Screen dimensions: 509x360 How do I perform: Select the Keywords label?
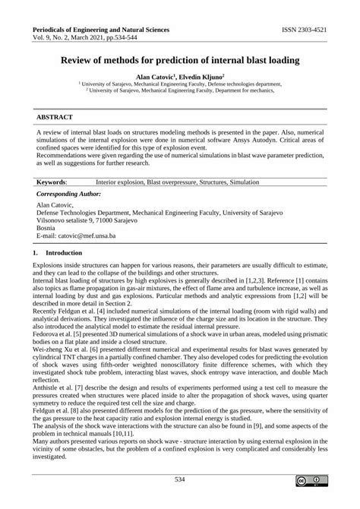coord(51,182)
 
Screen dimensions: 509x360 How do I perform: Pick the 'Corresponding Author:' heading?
coord(69,195)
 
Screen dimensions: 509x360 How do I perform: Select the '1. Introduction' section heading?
coord(57,251)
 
